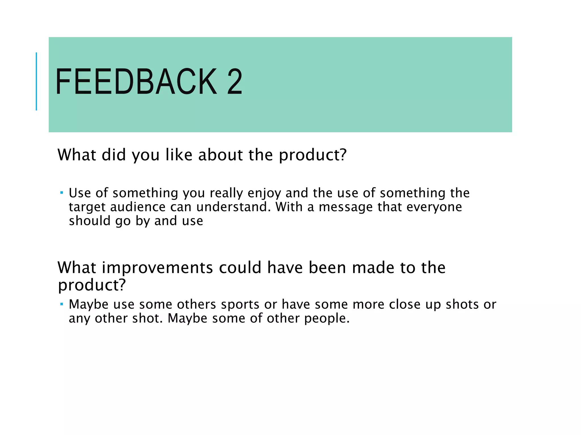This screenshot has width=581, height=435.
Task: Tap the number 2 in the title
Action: [x=234, y=82]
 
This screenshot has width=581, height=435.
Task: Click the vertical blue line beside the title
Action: [x=36, y=81]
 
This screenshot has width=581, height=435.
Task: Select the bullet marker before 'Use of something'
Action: [x=62, y=193]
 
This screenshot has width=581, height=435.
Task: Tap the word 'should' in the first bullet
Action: [x=89, y=221]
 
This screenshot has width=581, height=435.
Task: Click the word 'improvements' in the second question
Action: [x=157, y=268]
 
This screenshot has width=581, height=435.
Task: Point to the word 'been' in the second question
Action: [x=327, y=268]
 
